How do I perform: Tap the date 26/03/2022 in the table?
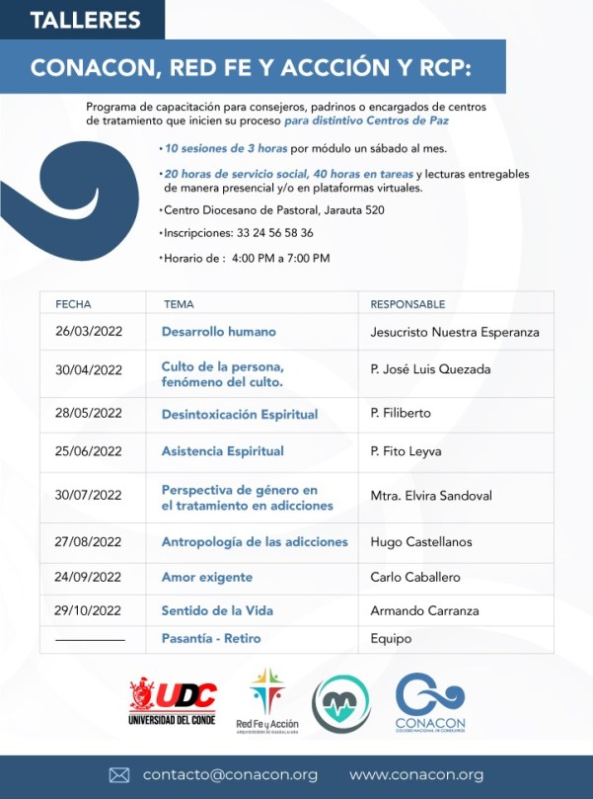pos(89,332)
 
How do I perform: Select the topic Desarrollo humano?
pos(218,332)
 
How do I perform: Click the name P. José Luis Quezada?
pos(430,369)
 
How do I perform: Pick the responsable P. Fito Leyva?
pos(406,451)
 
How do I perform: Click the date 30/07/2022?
pos(89,496)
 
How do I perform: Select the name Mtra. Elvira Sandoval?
pos(430,496)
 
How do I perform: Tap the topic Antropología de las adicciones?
pos(255,541)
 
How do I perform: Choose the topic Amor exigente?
pos(206,577)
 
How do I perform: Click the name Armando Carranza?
pos(424,611)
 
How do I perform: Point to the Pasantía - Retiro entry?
pos(211,639)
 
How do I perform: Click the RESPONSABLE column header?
pos(408,304)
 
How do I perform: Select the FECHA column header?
pos(73,304)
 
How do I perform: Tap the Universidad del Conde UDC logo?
pos(172,701)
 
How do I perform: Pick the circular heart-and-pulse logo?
pos(341,704)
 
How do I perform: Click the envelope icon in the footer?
pos(119,775)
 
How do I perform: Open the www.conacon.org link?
pos(416,775)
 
